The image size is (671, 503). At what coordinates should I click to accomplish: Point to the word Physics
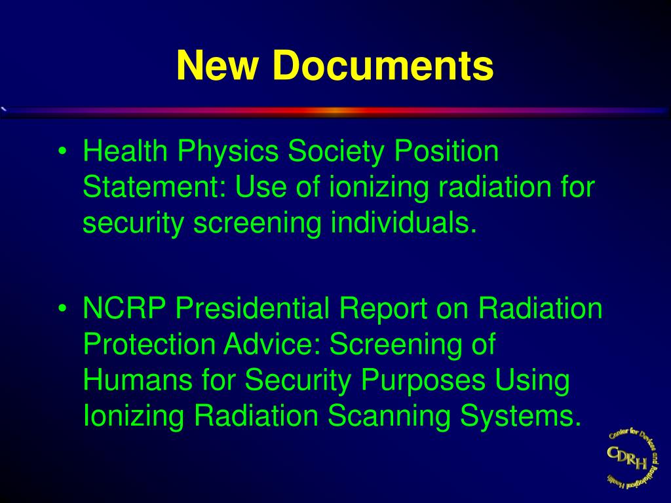[x=226, y=153]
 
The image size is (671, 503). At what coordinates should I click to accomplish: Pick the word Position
[x=446, y=152]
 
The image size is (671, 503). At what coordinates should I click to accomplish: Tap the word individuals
[x=400, y=223]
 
